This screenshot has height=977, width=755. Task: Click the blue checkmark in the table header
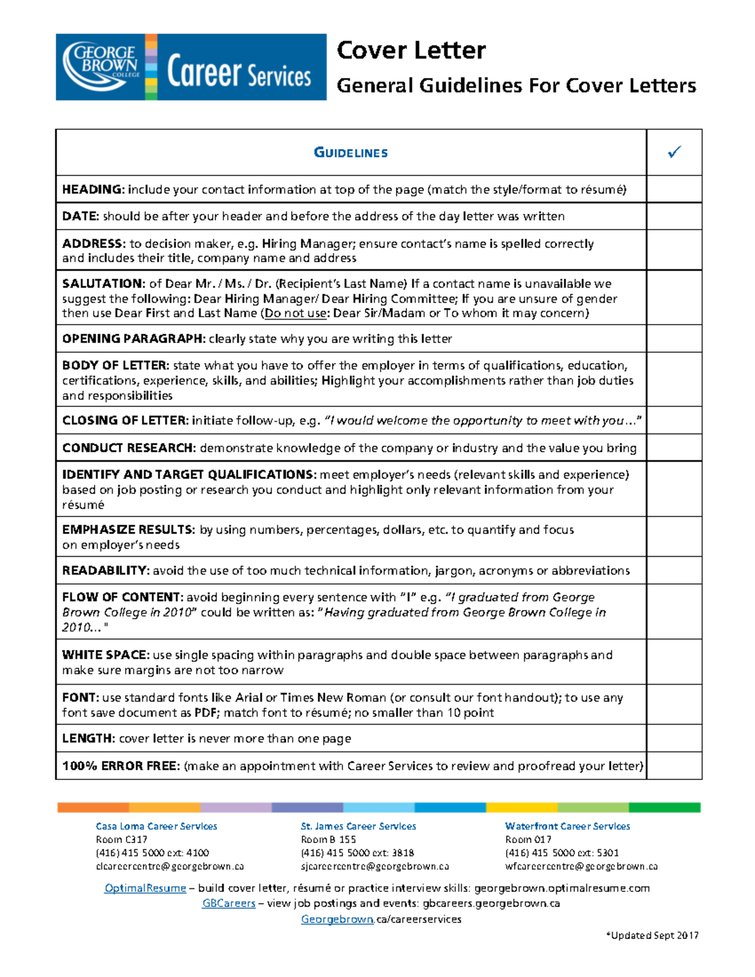pyautogui.click(x=674, y=152)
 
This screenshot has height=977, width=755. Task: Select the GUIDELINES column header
pyautogui.click(x=350, y=153)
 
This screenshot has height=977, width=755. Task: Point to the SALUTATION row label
pyautogui.click(x=103, y=284)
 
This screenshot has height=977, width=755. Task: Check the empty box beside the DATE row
pyautogui.click(x=674, y=216)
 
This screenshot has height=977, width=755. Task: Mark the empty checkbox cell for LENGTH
pyautogui.click(x=674, y=739)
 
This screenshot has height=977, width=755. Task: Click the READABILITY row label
pyautogui.click(x=105, y=571)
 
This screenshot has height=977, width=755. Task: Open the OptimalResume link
pyautogui.click(x=145, y=888)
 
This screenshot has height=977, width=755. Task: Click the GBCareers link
pyautogui.click(x=228, y=904)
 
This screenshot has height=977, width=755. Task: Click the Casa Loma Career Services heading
pyautogui.click(x=156, y=827)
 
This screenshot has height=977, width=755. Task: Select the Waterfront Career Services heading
pyautogui.click(x=568, y=827)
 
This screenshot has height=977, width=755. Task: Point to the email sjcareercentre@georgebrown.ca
pyautogui.click(x=375, y=867)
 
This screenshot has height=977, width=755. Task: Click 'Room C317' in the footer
pyautogui.click(x=121, y=840)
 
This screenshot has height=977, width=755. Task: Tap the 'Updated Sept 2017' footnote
pyautogui.click(x=652, y=935)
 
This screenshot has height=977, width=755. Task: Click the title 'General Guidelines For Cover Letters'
pyautogui.click(x=517, y=86)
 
